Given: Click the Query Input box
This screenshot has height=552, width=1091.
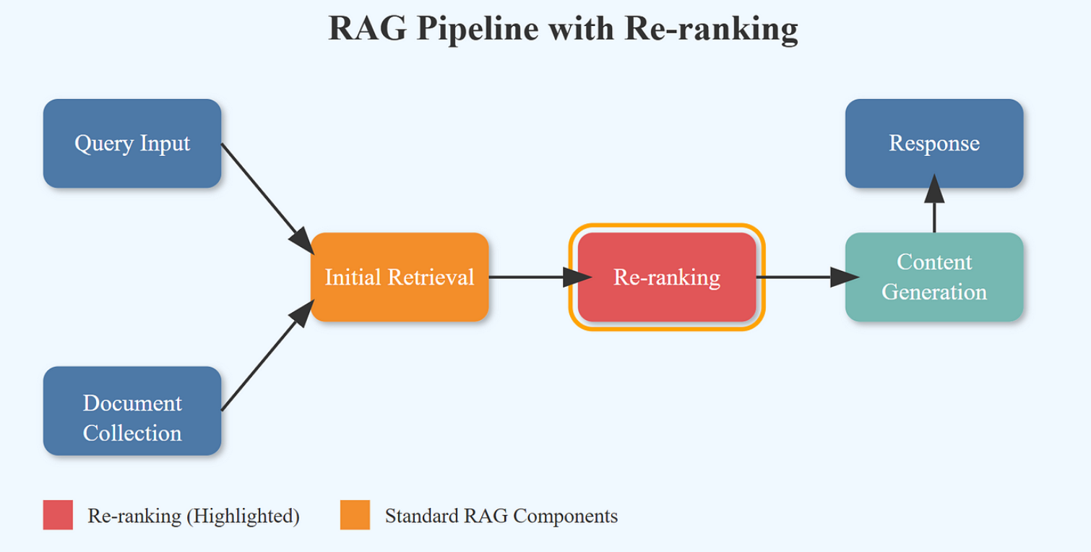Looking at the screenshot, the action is click(x=132, y=143).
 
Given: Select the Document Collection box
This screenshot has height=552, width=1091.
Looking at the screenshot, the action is click(x=132, y=410).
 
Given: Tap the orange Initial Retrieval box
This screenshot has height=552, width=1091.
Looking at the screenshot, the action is click(x=400, y=277).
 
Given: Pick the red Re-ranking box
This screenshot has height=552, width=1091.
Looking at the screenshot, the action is click(x=667, y=277).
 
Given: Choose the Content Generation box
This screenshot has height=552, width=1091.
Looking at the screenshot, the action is click(x=934, y=277).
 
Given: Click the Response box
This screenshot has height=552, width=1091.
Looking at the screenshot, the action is click(x=934, y=143).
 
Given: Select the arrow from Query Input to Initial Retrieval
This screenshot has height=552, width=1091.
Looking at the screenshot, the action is click(x=267, y=199).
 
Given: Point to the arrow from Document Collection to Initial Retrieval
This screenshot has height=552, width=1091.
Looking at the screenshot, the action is click(x=267, y=355).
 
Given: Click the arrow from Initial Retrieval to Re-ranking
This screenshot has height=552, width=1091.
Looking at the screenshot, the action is click(x=540, y=277).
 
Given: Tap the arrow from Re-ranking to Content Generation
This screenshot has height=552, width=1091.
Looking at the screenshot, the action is click(x=808, y=277).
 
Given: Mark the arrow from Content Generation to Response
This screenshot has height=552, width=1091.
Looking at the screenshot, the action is click(x=934, y=203).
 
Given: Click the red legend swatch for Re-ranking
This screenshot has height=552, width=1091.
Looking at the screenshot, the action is click(x=58, y=514).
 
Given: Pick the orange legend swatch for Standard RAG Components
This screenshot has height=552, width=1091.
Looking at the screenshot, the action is click(x=355, y=514).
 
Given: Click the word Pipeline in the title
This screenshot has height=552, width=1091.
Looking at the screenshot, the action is click(x=478, y=29).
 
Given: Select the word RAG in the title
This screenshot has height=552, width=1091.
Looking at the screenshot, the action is click(x=368, y=28).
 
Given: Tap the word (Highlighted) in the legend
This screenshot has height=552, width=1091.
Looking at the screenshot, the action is click(x=243, y=516).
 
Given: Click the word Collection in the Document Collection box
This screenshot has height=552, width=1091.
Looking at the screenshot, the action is click(x=132, y=433).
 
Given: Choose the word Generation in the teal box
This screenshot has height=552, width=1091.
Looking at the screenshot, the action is click(x=934, y=293).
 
